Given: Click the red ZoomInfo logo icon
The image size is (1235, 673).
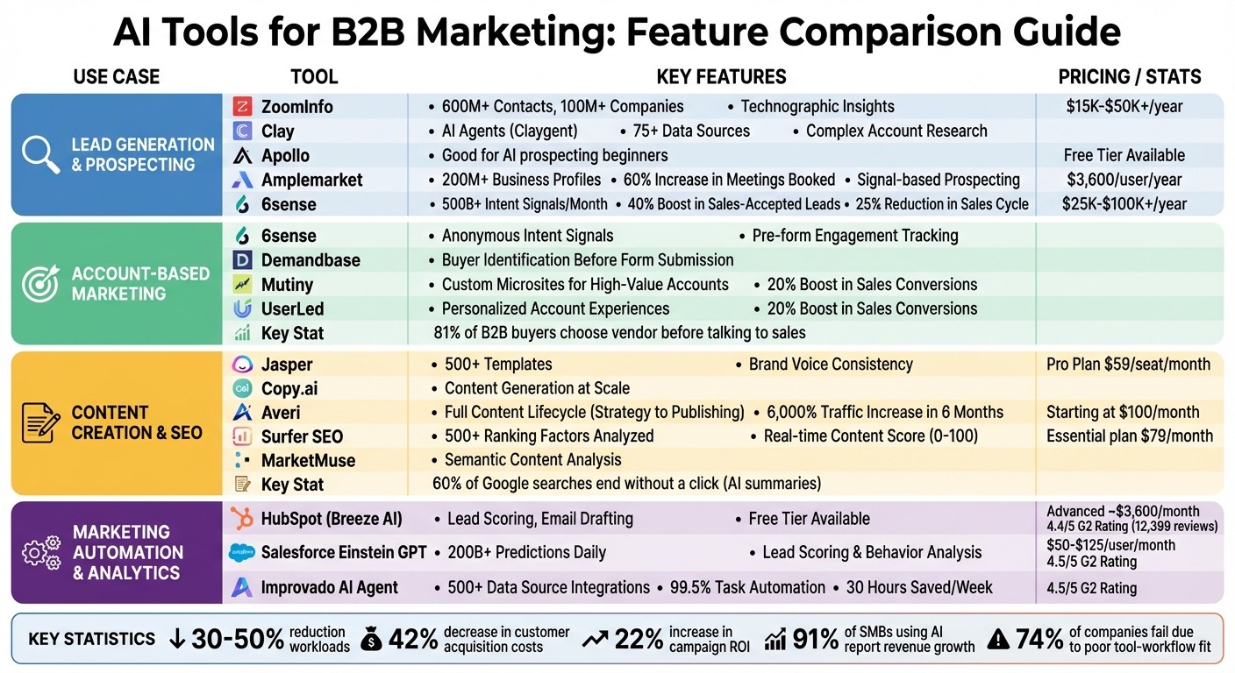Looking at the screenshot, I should (242, 107).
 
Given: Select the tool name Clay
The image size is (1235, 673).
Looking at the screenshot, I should (277, 131).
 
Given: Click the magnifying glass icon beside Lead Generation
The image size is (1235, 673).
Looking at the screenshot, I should (40, 154).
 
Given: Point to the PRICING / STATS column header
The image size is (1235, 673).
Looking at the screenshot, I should (1130, 76).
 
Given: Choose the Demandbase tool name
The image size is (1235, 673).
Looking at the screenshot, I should (311, 260).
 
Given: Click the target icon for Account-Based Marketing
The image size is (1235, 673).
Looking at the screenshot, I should (40, 283).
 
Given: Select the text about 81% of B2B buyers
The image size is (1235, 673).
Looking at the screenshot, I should (619, 333).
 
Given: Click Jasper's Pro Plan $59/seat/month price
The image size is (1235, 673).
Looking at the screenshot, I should (1128, 364).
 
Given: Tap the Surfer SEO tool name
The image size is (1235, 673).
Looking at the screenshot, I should (302, 436).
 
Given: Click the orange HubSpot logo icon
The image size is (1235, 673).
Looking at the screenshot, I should (242, 519).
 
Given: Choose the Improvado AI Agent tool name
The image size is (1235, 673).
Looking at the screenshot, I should (329, 588).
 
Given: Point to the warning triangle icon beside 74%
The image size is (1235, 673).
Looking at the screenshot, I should (998, 640).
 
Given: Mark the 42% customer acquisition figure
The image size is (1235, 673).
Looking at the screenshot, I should (412, 639).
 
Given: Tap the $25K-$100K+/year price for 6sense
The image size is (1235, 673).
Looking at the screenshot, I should (1124, 204).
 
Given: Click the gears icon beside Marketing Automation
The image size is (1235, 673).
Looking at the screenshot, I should (40, 552).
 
